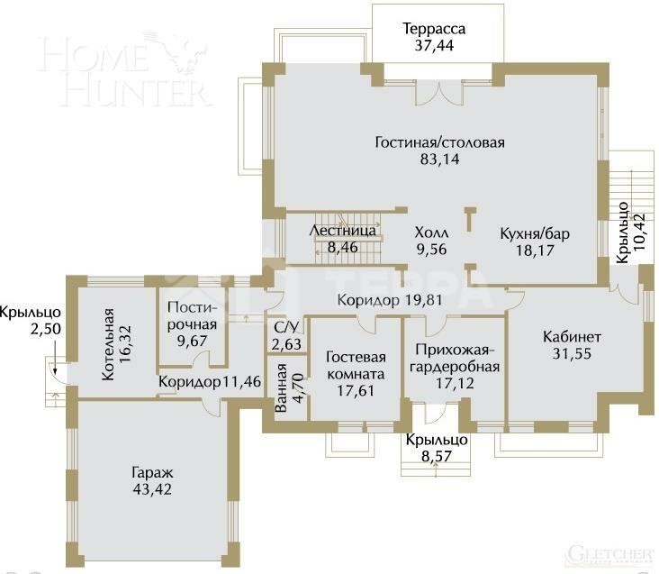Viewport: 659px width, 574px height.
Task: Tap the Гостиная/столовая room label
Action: pyautogui.click(x=439, y=142)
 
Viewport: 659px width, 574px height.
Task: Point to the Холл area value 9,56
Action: pyautogui.click(x=431, y=249)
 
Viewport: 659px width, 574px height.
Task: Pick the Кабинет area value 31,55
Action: pyautogui.click(x=572, y=353)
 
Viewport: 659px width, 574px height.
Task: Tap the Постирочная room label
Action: pyautogui.click(x=192, y=316)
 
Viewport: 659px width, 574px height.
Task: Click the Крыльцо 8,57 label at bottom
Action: pyautogui.click(x=436, y=448)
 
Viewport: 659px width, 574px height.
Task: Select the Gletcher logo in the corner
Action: pyautogui.click(x=609, y=552)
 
